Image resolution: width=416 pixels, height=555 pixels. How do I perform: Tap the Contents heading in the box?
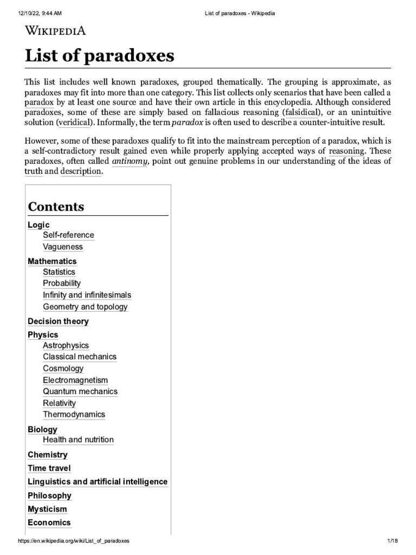56,206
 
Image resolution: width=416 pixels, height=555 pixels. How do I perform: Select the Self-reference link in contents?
68,235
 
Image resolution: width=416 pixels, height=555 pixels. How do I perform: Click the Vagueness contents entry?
63,247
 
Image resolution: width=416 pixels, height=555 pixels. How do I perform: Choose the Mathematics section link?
52,261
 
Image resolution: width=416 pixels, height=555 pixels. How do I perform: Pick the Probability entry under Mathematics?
62,283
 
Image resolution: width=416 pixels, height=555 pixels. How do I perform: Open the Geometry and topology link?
85,307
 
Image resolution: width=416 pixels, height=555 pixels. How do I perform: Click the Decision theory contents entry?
58,321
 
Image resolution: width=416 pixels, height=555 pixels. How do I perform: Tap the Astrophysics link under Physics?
66,345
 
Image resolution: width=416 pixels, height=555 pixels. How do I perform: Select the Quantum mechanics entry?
80,391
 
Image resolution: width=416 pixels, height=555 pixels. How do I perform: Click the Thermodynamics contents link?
74,415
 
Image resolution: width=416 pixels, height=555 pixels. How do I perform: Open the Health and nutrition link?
78,440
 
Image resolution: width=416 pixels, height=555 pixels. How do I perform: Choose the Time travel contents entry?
49,468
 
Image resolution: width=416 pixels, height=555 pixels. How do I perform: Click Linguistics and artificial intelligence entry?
97,481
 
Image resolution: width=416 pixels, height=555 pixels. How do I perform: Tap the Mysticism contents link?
48,509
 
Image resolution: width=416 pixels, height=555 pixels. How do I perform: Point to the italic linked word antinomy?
130,161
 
